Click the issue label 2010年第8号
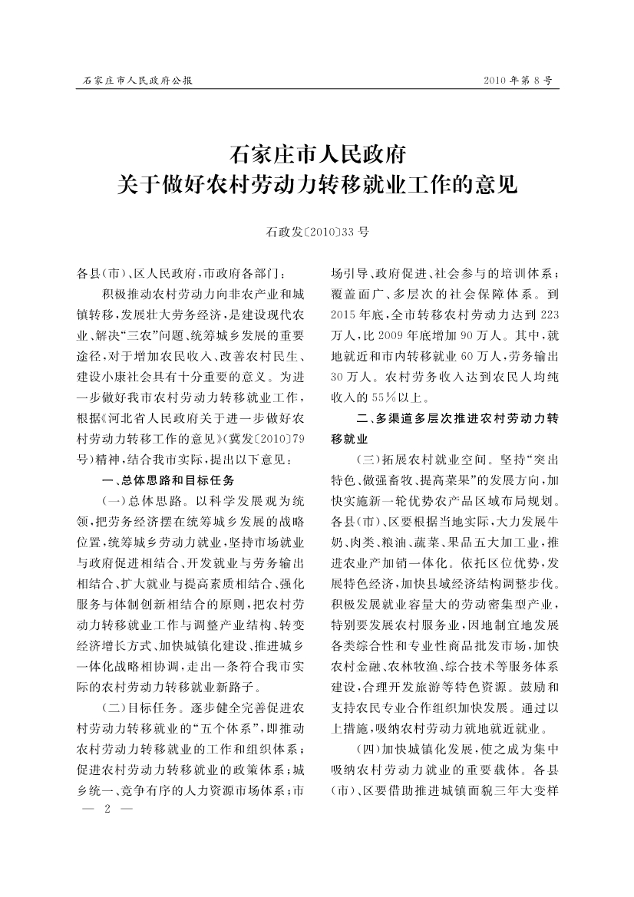[x=518, y=80]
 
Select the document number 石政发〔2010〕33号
[x=317, y=230]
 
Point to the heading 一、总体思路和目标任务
[x=168, y=481]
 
